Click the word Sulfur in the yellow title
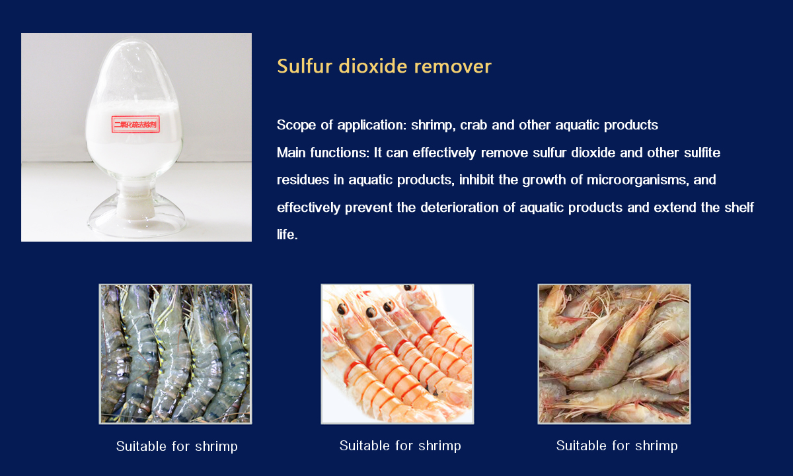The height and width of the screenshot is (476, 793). coord(305,66)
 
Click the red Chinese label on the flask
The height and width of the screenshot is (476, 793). coord(135,124)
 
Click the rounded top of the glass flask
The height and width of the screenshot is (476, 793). coord(135,53)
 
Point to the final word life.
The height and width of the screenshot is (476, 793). coord(287,234)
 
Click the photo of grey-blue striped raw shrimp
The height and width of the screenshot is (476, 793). coord(175,354)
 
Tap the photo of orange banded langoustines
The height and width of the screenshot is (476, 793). coord(397,354)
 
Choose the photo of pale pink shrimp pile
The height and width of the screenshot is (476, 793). coord(614,354)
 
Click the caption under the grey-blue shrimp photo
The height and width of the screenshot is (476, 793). coord(176,446)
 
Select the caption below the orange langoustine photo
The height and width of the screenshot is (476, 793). coord(400,446)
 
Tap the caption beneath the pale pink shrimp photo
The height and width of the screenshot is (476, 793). coord(617,446)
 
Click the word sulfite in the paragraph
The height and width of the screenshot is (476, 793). coord(702,153)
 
